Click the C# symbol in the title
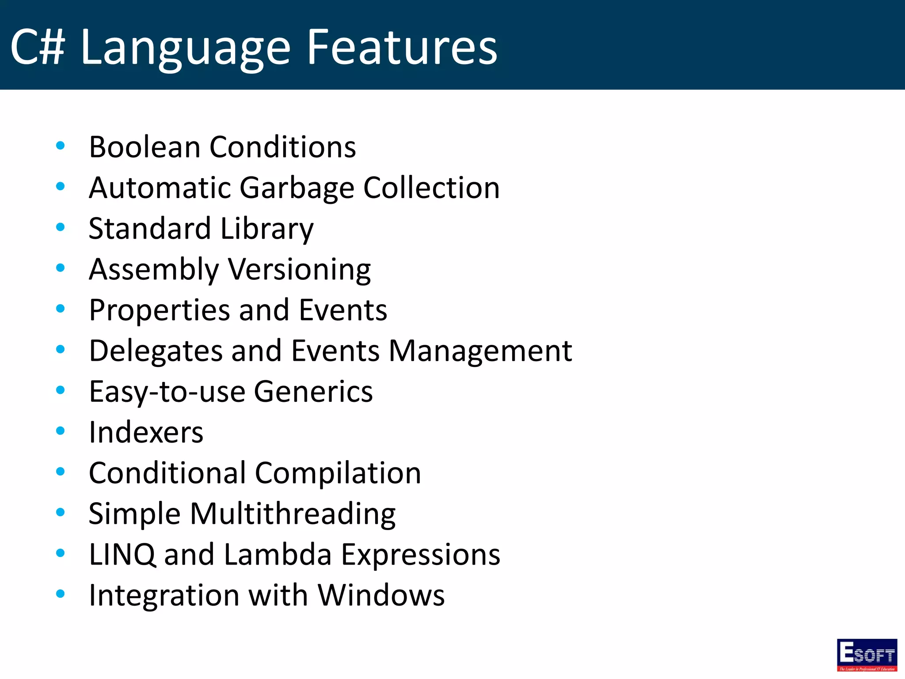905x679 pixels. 38,47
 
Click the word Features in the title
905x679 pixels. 402,47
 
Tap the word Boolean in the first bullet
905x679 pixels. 144,147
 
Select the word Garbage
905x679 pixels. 297,188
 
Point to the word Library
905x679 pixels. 267,229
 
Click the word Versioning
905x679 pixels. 299,270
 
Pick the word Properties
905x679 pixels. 159,310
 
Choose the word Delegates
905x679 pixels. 155,351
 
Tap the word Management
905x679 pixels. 480,351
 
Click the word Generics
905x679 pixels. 313,392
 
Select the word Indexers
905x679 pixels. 146,432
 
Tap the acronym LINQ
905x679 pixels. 122,554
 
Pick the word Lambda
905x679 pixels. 278,554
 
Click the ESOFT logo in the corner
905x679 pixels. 867,655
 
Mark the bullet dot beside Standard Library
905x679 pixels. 61,227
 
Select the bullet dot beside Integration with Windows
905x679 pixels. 61,594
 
